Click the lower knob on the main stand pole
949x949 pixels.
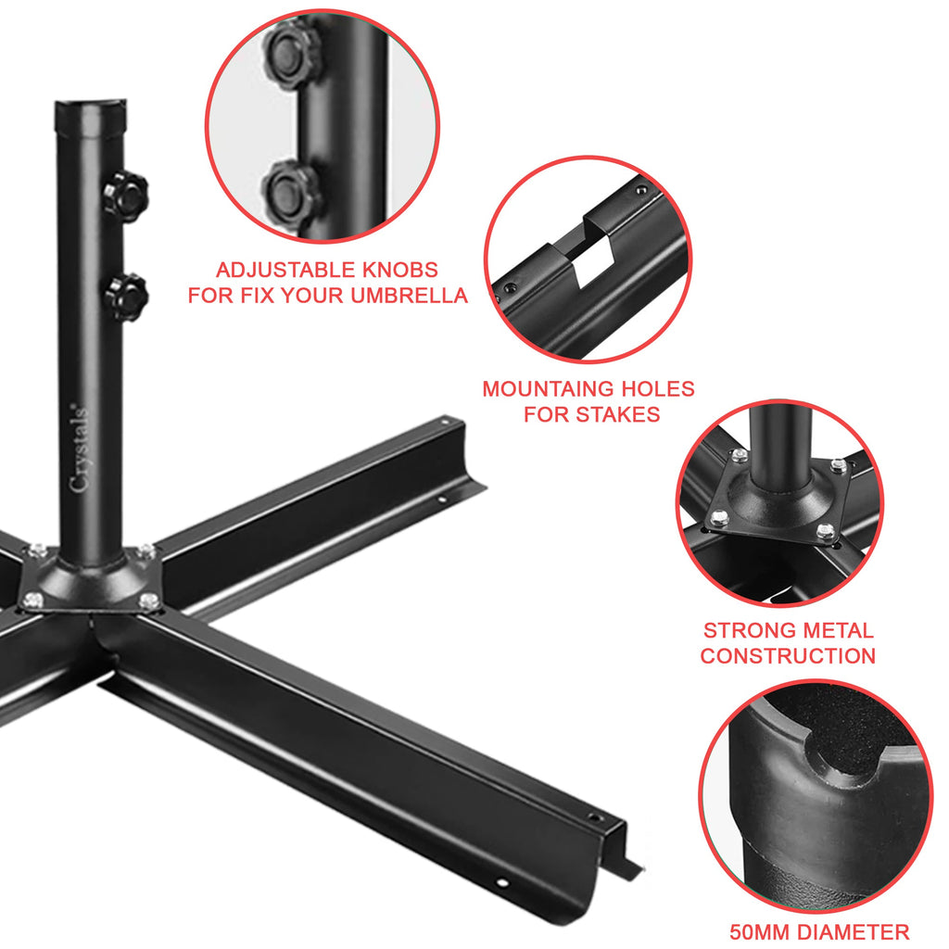tap(126, 297)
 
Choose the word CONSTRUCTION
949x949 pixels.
tap(787, 656)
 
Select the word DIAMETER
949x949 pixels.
tap(858, 931)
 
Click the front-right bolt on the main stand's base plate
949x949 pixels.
tap(149, 601)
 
